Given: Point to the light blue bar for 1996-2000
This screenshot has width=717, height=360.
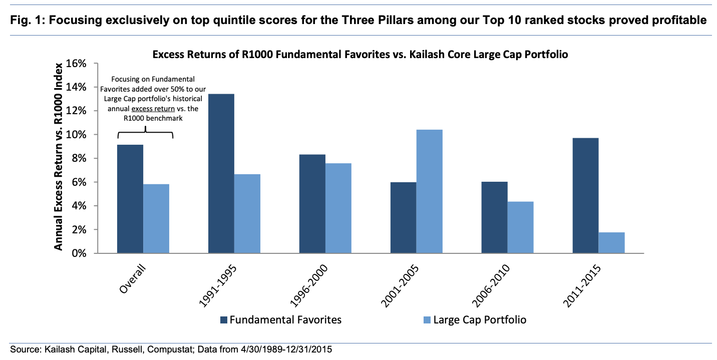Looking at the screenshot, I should (338, 208).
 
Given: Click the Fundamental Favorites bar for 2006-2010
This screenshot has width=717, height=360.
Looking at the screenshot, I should (494, 217).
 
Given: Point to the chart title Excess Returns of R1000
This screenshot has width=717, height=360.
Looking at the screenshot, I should (361, 55).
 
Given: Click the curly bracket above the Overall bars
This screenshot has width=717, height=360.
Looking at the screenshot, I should (145, 134).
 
